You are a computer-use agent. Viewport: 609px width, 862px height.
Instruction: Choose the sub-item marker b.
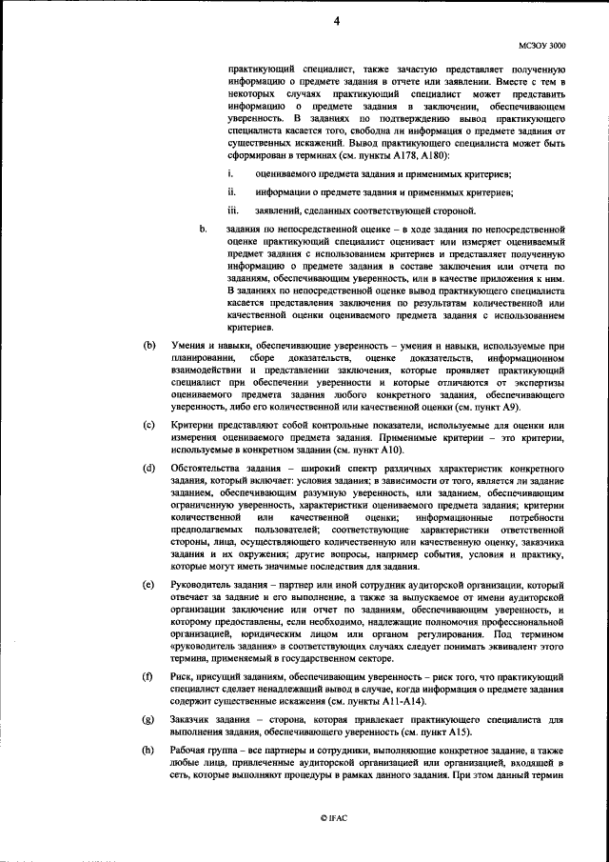203,230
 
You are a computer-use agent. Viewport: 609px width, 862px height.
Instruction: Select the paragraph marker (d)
148,467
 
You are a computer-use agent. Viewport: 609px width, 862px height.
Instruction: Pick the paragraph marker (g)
148,718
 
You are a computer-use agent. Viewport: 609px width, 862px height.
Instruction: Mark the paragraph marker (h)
148,752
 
